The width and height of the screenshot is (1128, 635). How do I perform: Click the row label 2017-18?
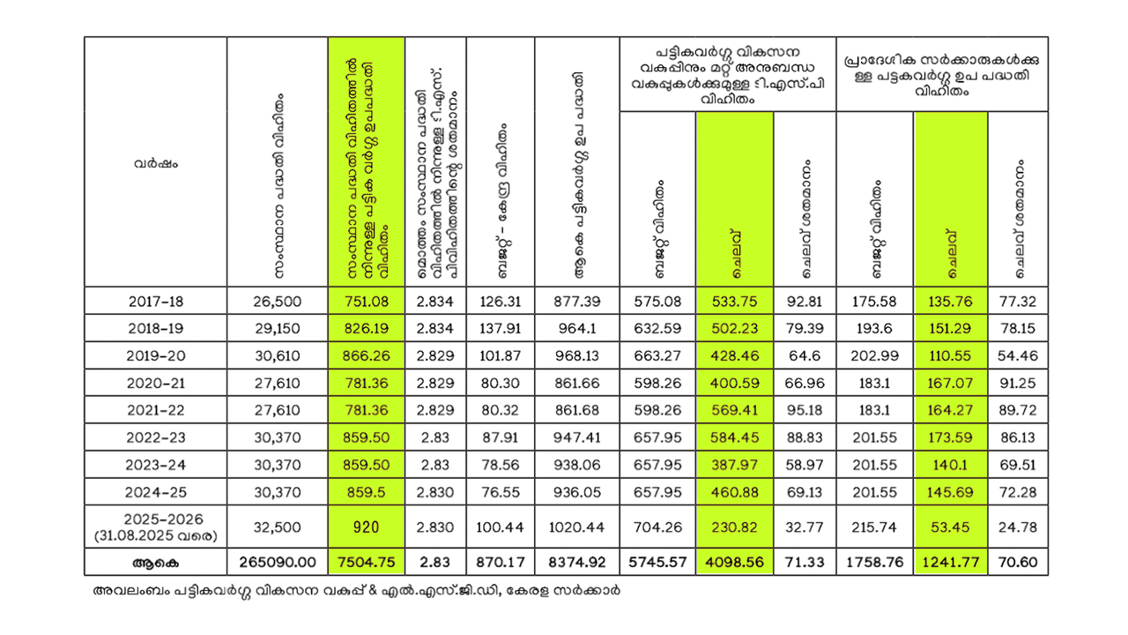[156, 301]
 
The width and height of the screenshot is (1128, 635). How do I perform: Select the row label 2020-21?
[156, 384]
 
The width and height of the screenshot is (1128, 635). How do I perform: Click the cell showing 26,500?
[277, 301]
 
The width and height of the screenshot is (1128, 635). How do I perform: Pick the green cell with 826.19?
[366, 328]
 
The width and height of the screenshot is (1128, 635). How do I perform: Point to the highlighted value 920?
[366, 527]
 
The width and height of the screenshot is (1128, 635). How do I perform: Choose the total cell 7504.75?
[366, 562]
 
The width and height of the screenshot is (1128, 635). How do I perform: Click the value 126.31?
[500, 301]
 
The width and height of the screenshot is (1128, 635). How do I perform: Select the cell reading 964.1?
[577, 328]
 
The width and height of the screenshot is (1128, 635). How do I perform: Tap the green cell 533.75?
[734, 301]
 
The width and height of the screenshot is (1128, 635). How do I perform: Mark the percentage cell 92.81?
[804, 301]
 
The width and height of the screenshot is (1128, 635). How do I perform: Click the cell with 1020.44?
[577, 527]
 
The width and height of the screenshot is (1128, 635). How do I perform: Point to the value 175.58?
[874, 301]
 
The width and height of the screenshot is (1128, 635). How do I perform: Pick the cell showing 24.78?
[1018, 527]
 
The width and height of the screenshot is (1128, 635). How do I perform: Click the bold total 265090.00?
[277, 562]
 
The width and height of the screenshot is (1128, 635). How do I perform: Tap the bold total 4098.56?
[734, 562]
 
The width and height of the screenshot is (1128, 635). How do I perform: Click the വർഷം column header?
[156, 162]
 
